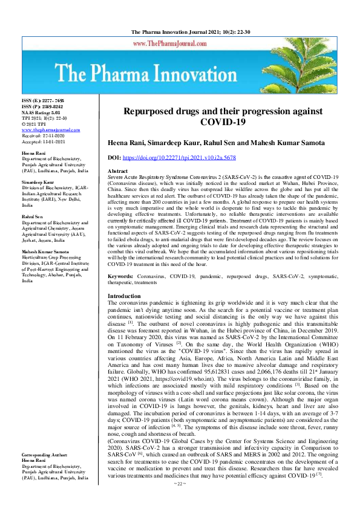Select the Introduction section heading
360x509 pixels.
click(124, 296)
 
